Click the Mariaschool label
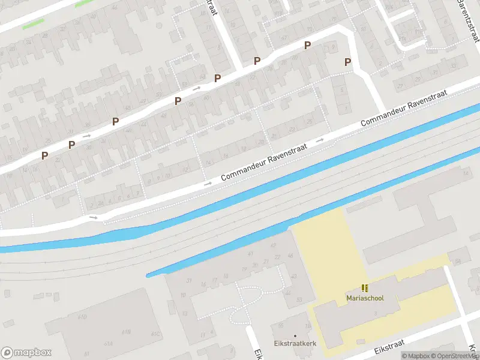[x=364, y=298]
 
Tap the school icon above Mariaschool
[x=364, y=288]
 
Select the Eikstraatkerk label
[x=295, y=343]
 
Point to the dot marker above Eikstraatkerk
[x=295, y=335]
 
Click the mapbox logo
[x=25, y=352]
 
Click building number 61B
[x=127, y=331]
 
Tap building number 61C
[x=156, y=334]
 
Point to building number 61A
[x=108, y=343]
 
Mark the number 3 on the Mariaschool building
[x=374, y=314]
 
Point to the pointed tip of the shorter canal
[x=148, y=275]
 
